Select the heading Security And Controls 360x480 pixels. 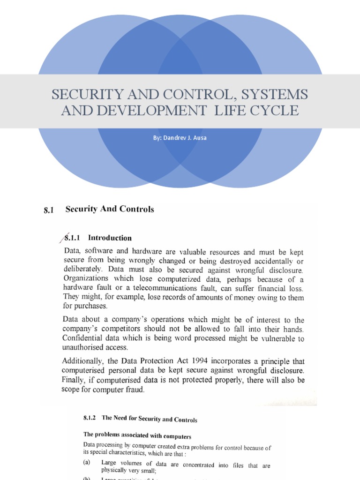110,209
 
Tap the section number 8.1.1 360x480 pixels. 73,238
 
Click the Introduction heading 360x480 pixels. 110,238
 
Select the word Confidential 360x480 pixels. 84,338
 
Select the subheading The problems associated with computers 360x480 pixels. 137,435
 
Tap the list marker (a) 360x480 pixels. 87,462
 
